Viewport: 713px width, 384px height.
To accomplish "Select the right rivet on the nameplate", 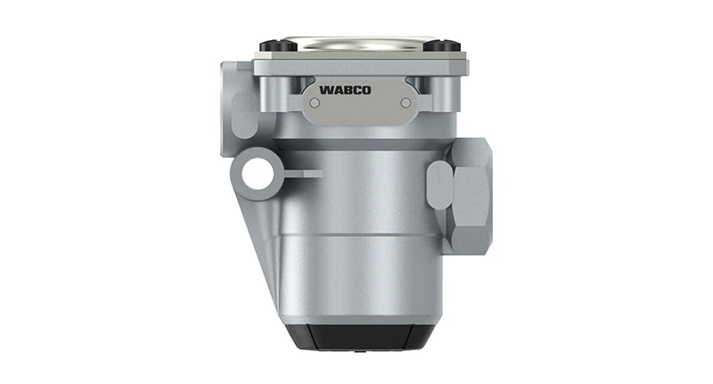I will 406,102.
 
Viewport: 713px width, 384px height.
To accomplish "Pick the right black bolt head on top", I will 451,45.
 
